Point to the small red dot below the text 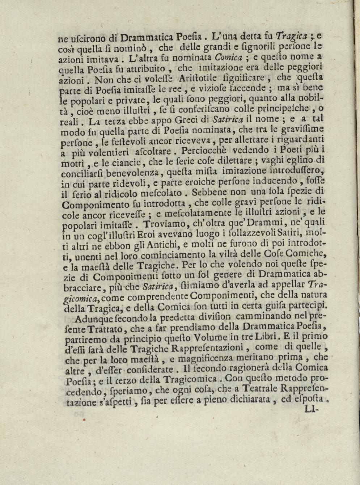click(84, 421)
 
